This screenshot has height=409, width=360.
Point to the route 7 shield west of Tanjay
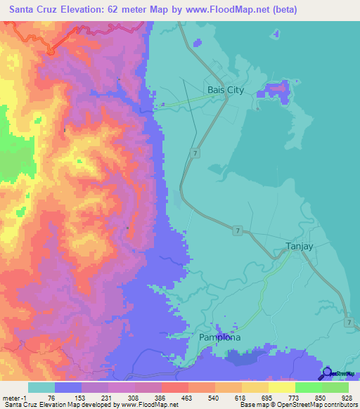(x=238, y=231)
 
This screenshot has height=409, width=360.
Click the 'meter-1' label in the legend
(x=15, y=397)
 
